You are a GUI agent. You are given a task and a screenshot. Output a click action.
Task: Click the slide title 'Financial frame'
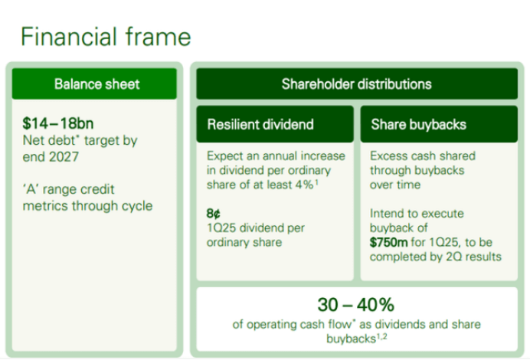[105, 36]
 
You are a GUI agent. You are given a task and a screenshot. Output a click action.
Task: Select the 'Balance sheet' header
[97, 84]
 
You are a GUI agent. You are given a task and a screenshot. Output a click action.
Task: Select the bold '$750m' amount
[390, 243]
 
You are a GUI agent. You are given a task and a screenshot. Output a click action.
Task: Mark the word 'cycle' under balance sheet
[136, 205]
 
